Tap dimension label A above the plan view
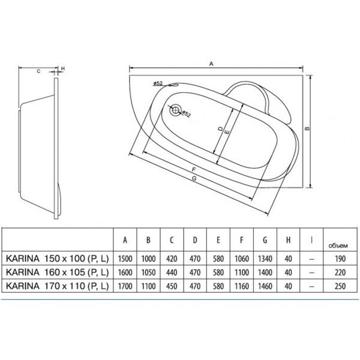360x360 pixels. coord(211,62)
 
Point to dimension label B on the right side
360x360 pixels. coord(306,127)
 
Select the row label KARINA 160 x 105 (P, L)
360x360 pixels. coord(56,271)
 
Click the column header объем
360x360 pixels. coord(338,244)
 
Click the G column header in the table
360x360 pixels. coord(265,241)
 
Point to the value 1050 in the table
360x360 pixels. coord(148,271)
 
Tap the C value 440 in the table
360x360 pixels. coord(172,271)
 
